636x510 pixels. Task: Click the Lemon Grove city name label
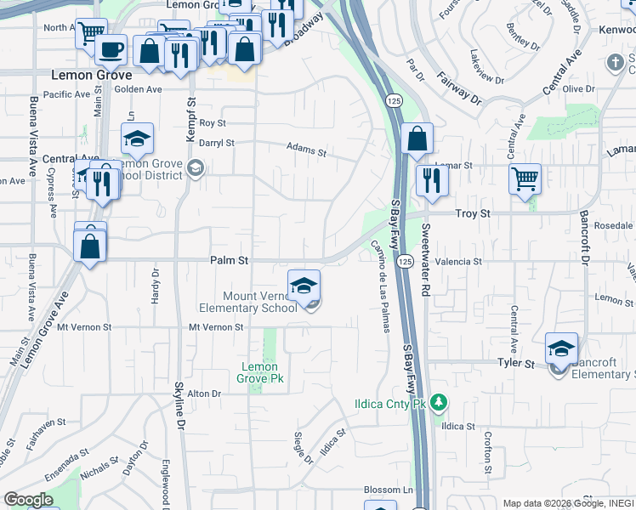(92, 75)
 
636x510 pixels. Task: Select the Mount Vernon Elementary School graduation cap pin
(304, 287)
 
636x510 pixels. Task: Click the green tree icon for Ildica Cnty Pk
(439, 401)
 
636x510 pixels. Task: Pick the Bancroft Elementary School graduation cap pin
(561, 349)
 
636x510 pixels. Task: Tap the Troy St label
(474, 215)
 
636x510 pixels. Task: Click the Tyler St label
(515, 364)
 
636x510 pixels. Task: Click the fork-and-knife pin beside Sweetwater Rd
(432, 181)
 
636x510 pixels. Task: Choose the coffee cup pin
(110, 50)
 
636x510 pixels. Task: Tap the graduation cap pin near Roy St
(137, 139)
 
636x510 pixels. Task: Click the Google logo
(29, 500)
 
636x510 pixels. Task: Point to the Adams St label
(306, 150)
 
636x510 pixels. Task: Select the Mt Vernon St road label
(216, 326)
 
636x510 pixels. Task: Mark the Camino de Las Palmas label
(379, 286)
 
